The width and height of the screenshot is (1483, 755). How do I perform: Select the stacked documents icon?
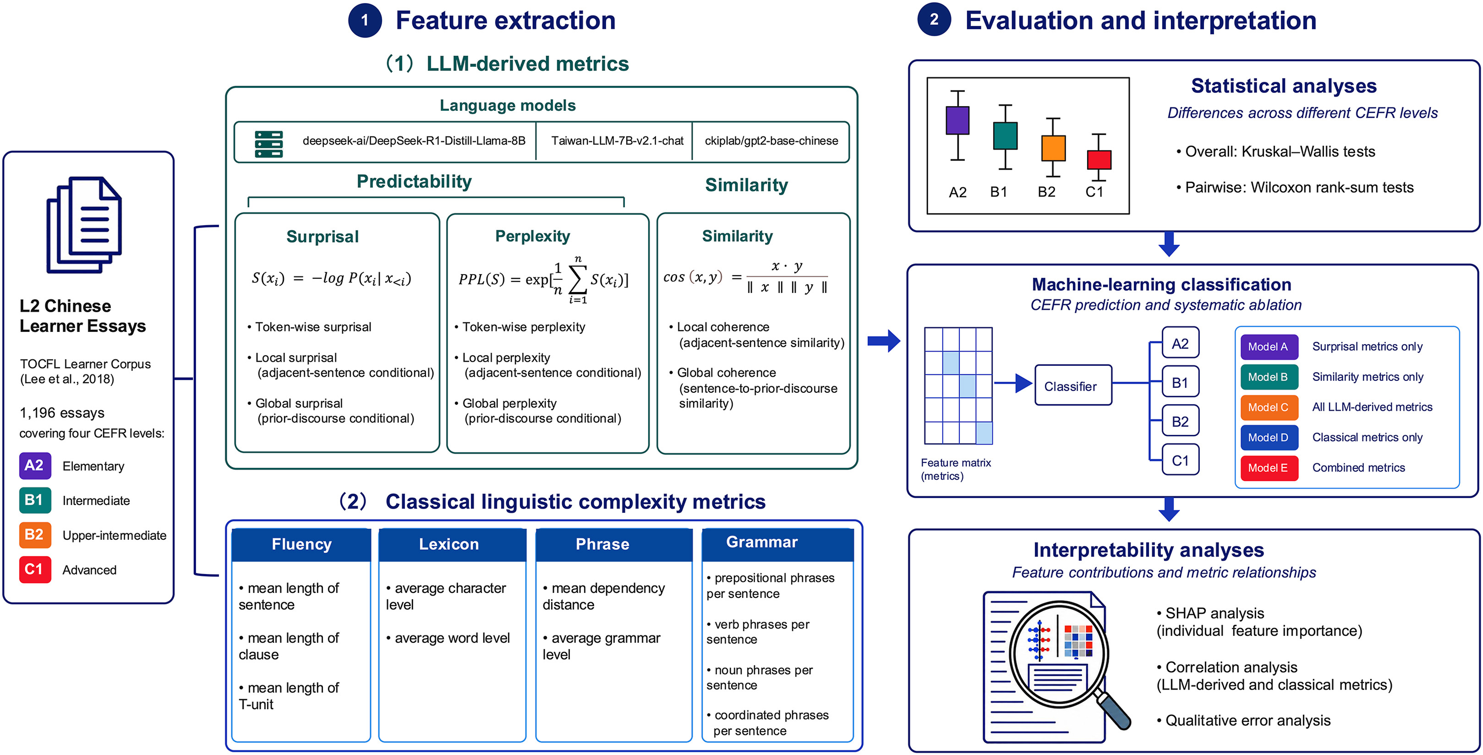[84, 224]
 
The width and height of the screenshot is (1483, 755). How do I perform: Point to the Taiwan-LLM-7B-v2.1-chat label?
[617, 141]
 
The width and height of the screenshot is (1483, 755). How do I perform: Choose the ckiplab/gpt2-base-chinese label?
[772, 141]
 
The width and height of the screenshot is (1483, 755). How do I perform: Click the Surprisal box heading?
[323, 237]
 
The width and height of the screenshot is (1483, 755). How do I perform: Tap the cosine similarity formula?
[745, 277]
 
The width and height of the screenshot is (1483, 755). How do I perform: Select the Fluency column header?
[301, 544]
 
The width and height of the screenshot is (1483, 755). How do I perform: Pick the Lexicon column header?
[449, 544]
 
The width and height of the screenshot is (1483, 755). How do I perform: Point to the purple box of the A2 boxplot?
[958, 120]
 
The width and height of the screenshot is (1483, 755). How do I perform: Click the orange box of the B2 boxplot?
[1053, 148]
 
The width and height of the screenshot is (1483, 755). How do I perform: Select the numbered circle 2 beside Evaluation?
[934, 20]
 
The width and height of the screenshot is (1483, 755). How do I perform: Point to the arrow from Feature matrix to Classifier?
[1013, 383]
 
